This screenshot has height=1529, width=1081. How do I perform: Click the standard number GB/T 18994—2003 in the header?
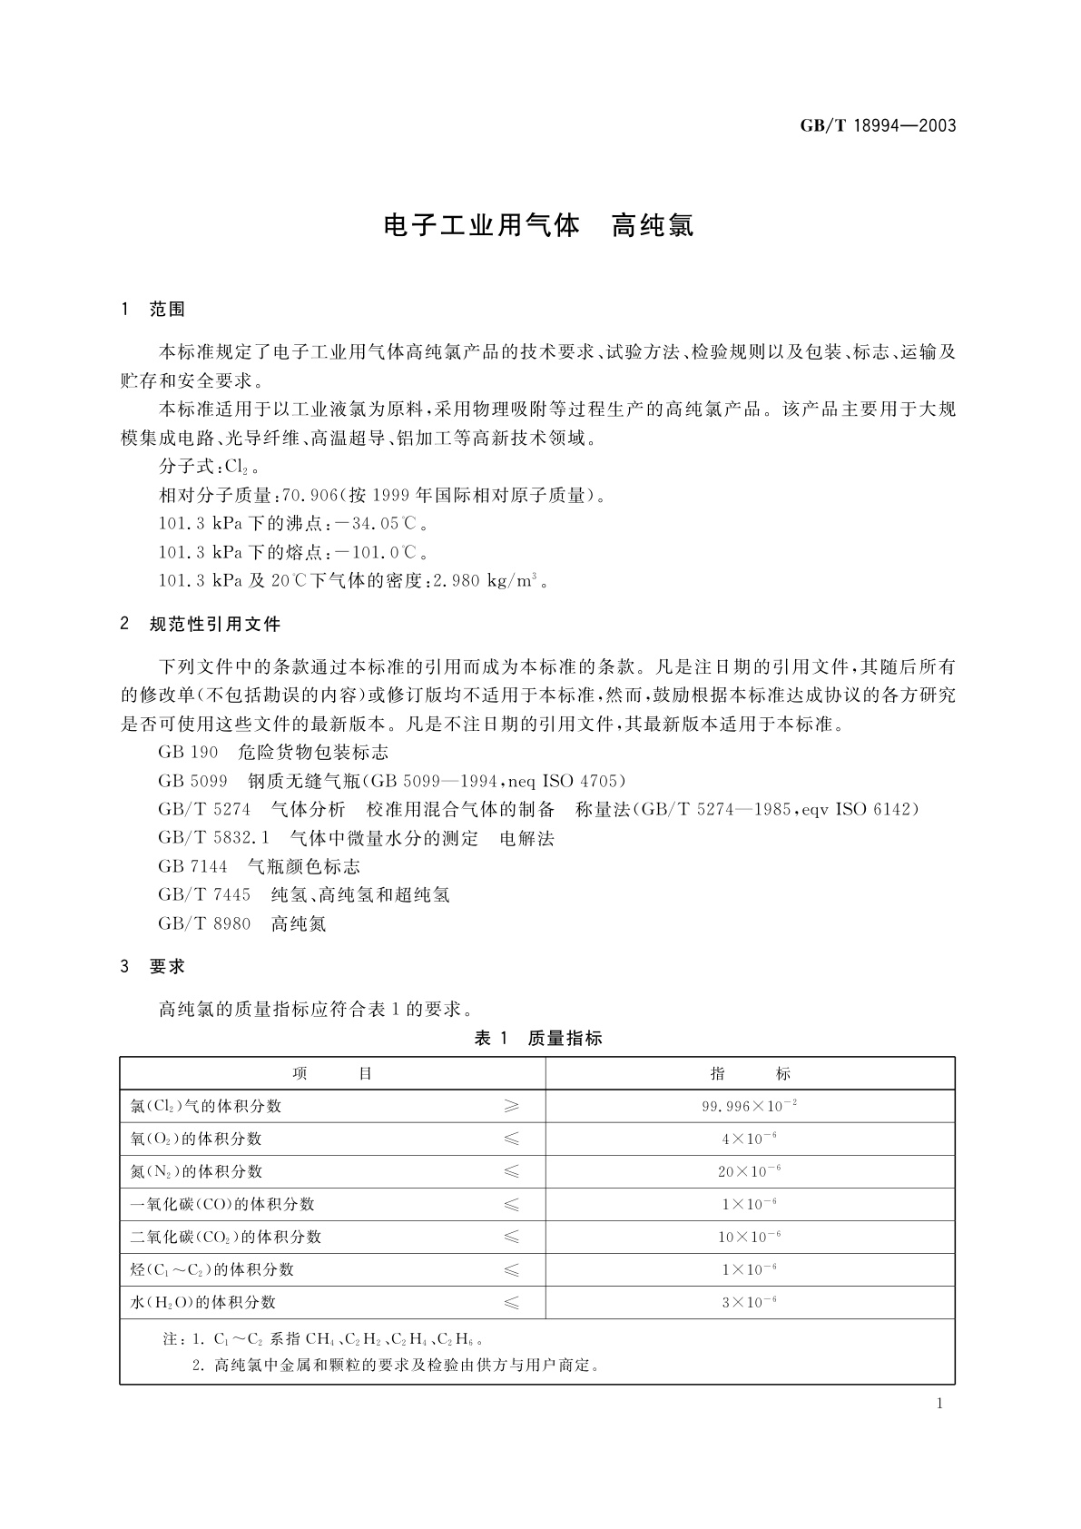[x=878, y=126]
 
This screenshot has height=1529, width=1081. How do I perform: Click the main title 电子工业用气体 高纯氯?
[x=538, y=225]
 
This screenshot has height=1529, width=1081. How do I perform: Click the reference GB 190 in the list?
[x=188, y=753]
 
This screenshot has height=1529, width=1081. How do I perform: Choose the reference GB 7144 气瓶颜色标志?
[x=259, y=866]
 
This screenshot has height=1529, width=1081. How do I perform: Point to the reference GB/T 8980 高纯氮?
[x=241, y=923]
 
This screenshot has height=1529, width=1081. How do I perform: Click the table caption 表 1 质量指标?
[x=538, y=1039]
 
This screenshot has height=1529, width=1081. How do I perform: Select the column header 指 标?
[x=750, y=1074]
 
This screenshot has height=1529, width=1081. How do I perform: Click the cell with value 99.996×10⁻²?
[x=750, y=1107]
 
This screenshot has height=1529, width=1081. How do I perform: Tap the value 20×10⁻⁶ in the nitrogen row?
[x=750, y=1172]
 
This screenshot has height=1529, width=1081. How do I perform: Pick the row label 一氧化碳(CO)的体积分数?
[x=223, y=1205]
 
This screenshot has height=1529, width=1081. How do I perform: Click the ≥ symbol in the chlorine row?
[x=512, y=1107]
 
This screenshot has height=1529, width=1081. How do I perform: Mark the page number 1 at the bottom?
[x=939, y=1404]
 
